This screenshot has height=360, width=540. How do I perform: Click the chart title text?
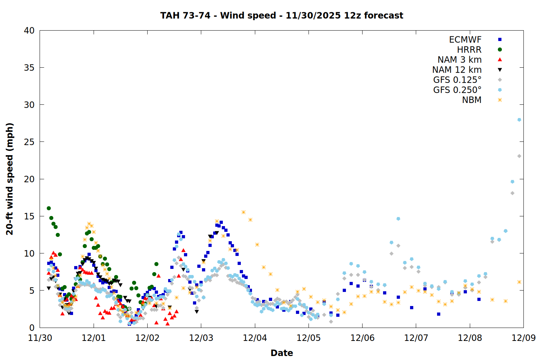click(282, 15)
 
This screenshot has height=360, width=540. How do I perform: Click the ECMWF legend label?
click(465, 40)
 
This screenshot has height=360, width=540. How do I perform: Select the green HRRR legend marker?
click(500, 50)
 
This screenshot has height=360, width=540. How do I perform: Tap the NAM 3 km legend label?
click(459, 60)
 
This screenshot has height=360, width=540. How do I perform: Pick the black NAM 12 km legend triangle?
click(500, 70)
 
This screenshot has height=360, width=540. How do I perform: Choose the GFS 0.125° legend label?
click(457, 80)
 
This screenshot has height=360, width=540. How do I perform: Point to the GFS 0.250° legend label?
click(457, 90)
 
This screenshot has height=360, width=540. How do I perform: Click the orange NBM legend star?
click(500, 100)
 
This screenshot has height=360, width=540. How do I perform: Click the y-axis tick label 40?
click(29, 31)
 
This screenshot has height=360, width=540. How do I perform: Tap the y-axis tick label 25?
click(29, 142)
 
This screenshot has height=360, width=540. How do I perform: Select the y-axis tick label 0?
click(32, 328)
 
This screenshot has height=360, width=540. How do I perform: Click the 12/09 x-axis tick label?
click(523, 338)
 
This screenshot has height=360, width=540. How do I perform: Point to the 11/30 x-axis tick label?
click(40, 338)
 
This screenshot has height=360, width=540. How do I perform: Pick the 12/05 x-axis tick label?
click(309, 338)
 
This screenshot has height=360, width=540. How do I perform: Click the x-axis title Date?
click(282, 353)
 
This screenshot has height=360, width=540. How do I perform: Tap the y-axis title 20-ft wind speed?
click(10, 179)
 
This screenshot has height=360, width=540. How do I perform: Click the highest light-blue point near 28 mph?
click(519, 120)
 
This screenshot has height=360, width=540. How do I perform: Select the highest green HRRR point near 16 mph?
click(49, 208)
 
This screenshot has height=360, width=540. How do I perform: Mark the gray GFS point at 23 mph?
click(519, 156)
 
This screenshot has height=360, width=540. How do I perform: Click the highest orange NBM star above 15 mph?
click(244, 212)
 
